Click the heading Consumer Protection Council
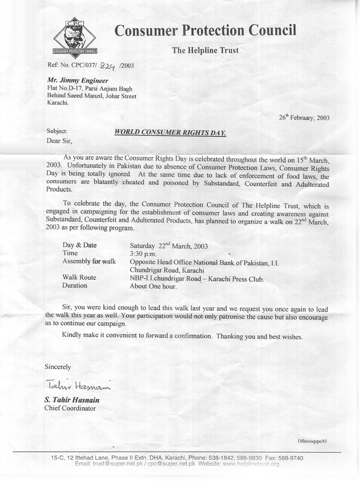[x=205, y=31]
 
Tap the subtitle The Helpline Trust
[x=205, y=50]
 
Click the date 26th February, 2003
[x=304, y=118]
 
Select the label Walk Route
[x=79, y=277]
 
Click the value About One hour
[x=153, y=286]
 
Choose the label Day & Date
[x=80, y=245]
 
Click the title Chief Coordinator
[x=70, y=409]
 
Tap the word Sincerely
[x=58, y=367]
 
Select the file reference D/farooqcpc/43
[x=312, y=441]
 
